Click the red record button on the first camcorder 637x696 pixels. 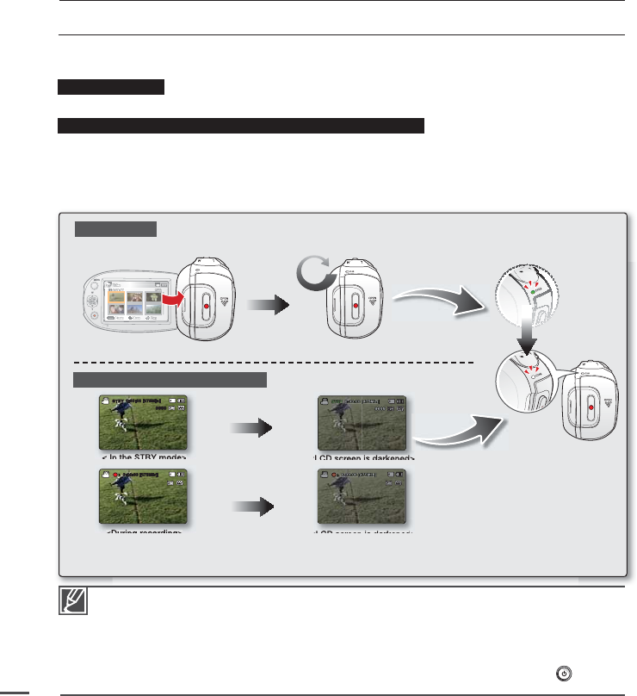pos(209,306)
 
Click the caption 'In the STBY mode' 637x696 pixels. pos(143,457)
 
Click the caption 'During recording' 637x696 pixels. pos(143,533)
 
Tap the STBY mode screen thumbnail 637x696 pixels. pos(143,423)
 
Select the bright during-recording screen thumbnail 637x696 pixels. pos(143,498)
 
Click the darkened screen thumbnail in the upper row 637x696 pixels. pos(362,423)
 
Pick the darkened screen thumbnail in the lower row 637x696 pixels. pos(362,498)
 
